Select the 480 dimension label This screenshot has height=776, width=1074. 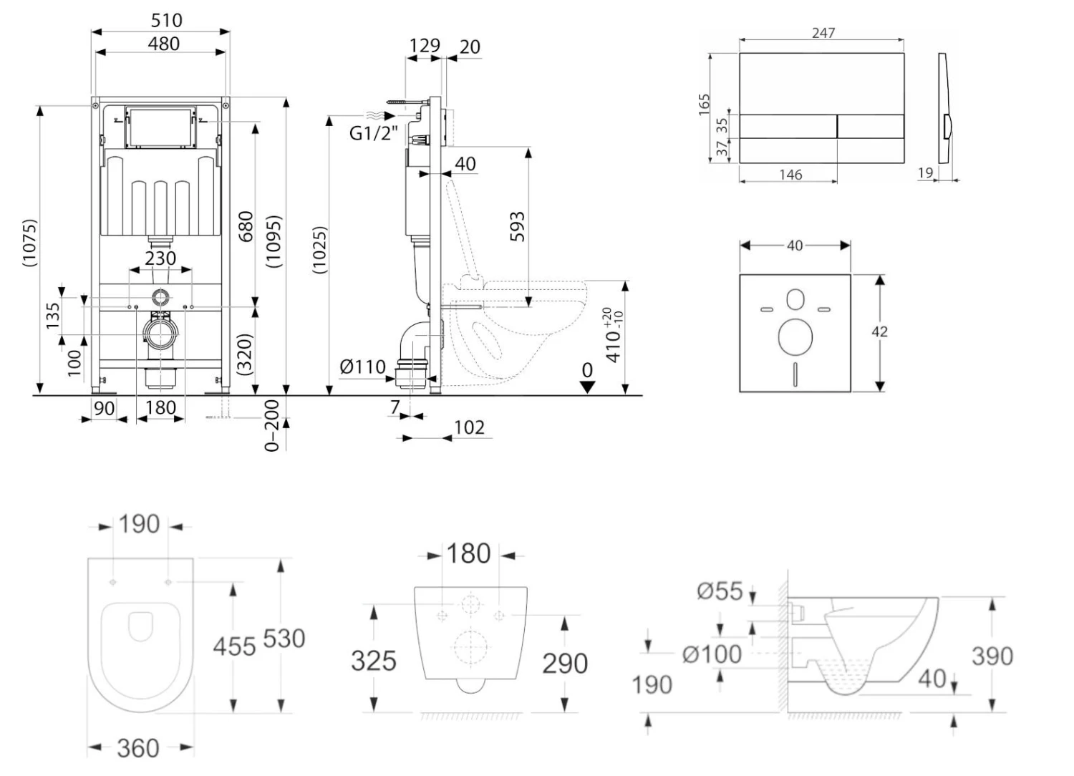(163, 44)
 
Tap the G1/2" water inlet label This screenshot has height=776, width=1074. (373, 132)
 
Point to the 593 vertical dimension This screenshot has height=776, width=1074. (518, 226)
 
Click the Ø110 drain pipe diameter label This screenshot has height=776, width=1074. (362, 367)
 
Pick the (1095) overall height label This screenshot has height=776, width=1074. (274, 242)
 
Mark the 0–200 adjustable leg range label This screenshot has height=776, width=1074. (272, 425)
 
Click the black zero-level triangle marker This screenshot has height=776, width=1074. (587, 387)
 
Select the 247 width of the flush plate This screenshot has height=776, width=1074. (823, 33)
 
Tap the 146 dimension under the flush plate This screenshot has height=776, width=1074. (790, 175)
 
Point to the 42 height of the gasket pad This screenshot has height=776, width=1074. (879, 331)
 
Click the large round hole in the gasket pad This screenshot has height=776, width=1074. (795, 337)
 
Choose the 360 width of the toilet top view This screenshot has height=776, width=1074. (137, 748)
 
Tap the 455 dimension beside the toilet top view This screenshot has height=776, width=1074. (234, 646)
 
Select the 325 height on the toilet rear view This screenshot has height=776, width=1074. (373, 660)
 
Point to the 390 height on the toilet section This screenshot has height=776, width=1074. (992, 656)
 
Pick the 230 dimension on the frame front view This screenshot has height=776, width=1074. (160, 258)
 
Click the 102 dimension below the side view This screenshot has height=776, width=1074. (469, 427)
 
